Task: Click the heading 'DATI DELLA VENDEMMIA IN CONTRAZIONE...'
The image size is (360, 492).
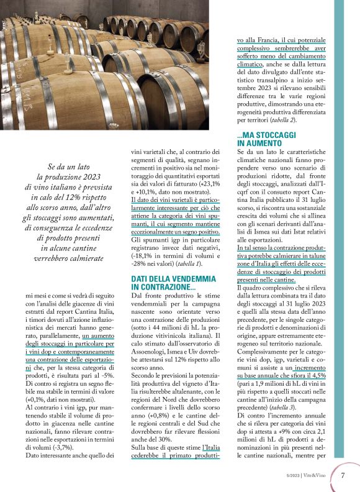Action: [x=173, y=283]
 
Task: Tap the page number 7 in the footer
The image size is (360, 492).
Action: [x=343, y=475]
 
